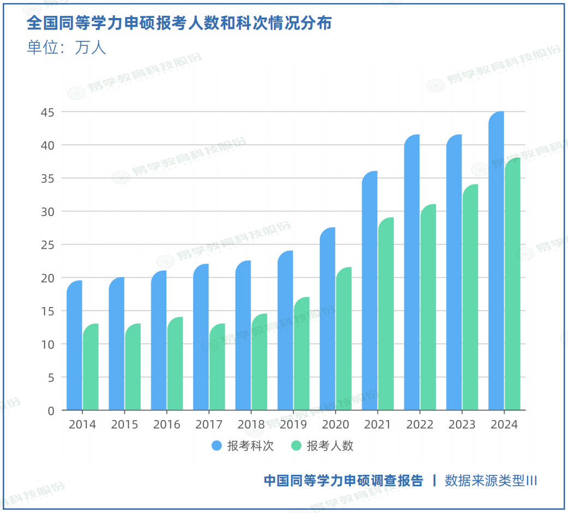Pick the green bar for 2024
pos(512,284)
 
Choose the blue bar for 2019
pos(285,330)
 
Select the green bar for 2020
pos(344,338)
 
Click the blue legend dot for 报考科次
pos(217,446)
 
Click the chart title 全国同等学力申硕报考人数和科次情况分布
pos(179,23)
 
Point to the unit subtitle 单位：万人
pos(66,48)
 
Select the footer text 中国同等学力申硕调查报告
pos(343,481)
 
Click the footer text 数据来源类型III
pos(491,481)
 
